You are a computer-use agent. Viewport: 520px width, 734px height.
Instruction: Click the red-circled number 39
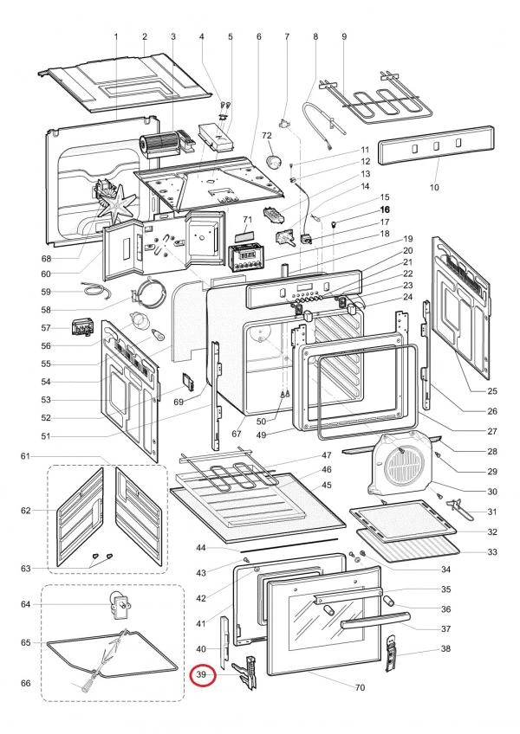pyautogui.click(x=202, y=674)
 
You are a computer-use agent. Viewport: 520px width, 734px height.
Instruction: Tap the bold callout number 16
pyautogui.click(x=385, y=209)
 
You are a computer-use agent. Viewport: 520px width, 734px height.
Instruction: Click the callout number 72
pyautogui.click(x=267, y=135)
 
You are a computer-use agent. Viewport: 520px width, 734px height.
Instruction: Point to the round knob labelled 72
pyautogui.click(x=273, y=162)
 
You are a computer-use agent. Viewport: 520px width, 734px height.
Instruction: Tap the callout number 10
pyautogui.click(x=434, y=187)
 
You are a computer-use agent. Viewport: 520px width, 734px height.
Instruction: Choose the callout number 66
pyautogui.click(x=26, y=683)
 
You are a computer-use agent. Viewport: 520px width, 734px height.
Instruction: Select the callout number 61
pyautogui.click(x=25, y=456)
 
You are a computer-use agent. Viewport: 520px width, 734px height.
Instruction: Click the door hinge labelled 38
pyautogui.click(x=393, y=653)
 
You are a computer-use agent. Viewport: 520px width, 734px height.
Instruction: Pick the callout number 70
pyautogui.click(x=360, y=687)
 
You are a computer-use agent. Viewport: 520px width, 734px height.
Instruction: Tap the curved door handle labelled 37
pyautogui.click(x=375, y=620)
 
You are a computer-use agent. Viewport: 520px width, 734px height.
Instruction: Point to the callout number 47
pyautogui.click(x=327, y=455)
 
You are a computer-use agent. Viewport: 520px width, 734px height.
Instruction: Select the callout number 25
pyautogui.click(x=492, y=391)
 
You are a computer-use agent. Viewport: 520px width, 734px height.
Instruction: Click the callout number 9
pyautogui.click(x=344, y=36)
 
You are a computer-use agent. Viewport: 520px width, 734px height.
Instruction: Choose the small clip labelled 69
pyautogui.click(x=188, y=381)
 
